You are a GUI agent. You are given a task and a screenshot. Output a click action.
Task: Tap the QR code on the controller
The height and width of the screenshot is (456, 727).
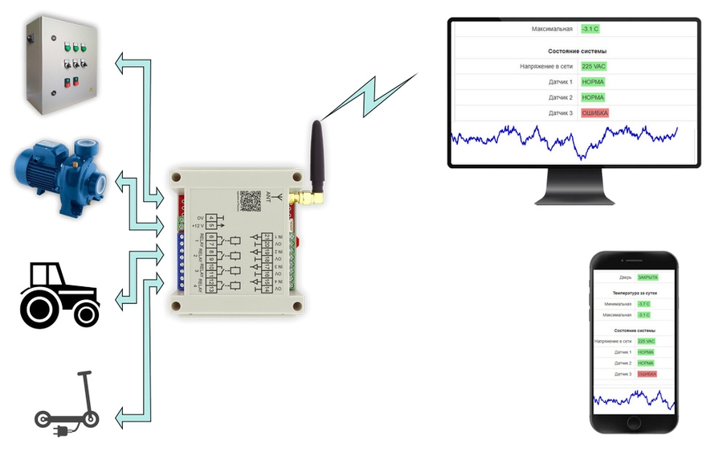(x=251, y=201)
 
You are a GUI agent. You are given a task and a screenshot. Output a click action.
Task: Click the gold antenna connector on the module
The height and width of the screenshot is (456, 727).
(x=304, y=196)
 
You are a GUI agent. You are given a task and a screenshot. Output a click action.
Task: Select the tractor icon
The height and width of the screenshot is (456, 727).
(x=60, y=294)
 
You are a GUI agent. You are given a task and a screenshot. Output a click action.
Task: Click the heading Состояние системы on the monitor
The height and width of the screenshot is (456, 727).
(x=572, y=51)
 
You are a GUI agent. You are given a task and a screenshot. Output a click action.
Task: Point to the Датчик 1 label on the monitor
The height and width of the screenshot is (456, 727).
(x=560, y=82)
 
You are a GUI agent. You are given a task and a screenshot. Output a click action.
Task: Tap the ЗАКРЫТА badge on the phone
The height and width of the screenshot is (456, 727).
(x=647, y=277)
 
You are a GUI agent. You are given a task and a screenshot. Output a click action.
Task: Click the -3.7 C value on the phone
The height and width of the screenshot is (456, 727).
(x=643, y=304)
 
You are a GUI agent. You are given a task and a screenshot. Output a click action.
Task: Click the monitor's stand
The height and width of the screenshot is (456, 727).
(x=574, y=189)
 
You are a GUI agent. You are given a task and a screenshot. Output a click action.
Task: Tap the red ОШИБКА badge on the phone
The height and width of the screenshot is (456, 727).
(x=647, y=374)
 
